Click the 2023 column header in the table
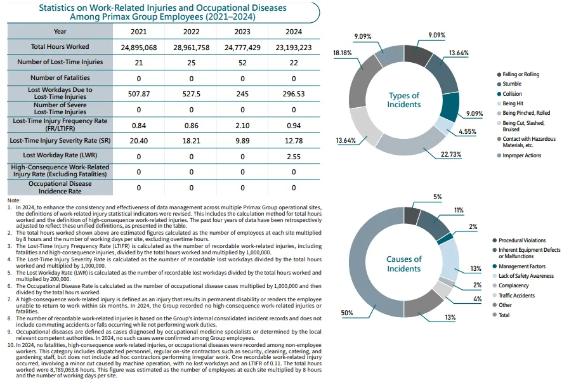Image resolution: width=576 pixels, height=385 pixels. (x=242, y=32)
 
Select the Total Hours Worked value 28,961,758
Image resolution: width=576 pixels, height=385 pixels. (x=191, y=47)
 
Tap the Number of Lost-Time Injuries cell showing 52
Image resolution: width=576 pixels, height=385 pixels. (x=242, y=62)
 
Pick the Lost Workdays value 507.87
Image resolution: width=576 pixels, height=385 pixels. (x=139, y=93)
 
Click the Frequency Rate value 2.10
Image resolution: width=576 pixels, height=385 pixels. (x=242, y=124)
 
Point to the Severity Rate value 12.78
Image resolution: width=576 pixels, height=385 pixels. (x=294, y=140)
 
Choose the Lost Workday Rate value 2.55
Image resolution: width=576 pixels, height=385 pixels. (x=294, y=155)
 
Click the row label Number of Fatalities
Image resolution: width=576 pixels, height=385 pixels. (x=60, y=78)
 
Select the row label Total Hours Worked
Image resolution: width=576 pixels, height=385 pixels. (x=60, y=47)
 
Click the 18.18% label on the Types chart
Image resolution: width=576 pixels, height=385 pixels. (x=343, y=54)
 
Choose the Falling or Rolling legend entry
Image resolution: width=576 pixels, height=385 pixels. (x=520, y=74)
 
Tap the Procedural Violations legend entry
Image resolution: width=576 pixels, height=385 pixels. (x=521, y=240)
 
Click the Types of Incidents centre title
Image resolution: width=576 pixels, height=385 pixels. (x=404, y=100)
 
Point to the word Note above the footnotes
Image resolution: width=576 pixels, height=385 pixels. (x=15, y=200)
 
